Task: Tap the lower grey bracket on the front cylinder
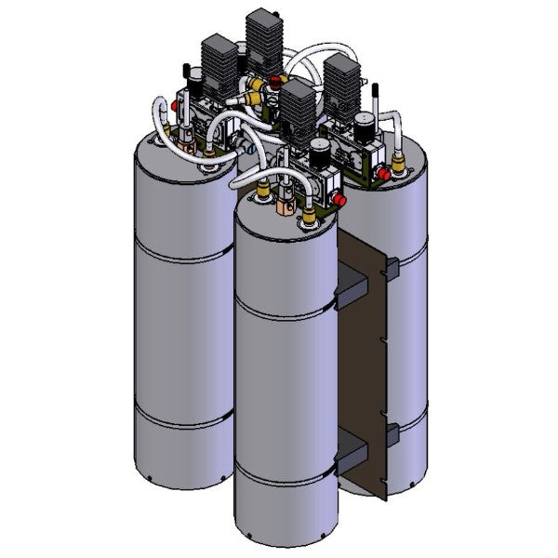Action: (352, 455)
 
